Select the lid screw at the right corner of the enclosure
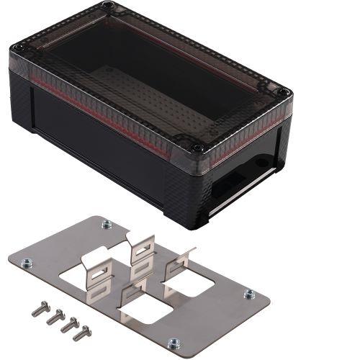pos(284,93)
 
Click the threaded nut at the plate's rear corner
pos(107,224)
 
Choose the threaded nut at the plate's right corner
pos(249,294)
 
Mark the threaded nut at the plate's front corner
pos(174,343)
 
